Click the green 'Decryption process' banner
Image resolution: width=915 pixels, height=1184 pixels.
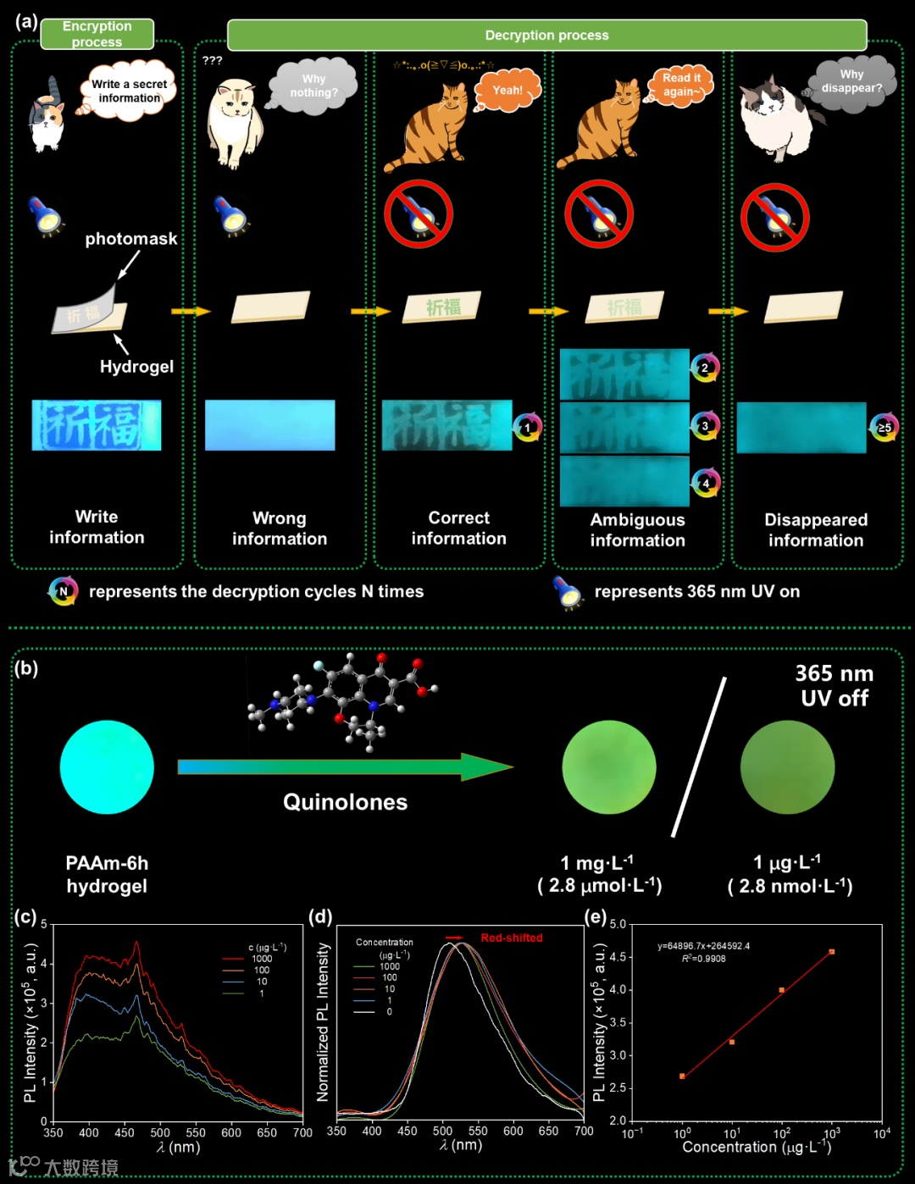coord(546,36)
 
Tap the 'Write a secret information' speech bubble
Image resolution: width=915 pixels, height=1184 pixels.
coord(130,91)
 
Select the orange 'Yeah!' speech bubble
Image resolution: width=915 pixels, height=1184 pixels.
coord(507,90)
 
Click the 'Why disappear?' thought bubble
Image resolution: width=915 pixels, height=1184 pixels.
coord(851,81)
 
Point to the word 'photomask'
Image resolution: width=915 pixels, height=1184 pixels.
coord(131,239)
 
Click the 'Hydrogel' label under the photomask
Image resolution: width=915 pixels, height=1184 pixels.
coord(136,367)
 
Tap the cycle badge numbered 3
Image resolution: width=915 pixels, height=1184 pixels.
coord(705,426)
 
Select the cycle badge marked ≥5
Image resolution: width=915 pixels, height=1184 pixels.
coord(884,428)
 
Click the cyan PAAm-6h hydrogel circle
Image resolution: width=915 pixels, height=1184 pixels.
coord(107,767)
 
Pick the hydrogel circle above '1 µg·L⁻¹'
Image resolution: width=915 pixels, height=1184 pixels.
coord(787,767)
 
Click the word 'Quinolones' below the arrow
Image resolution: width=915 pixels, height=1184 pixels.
coord(345,802)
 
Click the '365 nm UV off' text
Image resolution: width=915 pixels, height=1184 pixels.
coord(834,685)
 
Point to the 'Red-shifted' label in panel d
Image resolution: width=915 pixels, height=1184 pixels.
coord(511,938)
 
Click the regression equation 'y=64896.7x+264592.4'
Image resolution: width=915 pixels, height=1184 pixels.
coord(703,946)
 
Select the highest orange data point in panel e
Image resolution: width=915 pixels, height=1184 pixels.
coord(832,952)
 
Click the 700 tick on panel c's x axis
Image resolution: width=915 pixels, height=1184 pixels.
coord(302,1132)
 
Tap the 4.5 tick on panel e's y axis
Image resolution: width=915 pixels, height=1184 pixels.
coord(618,957)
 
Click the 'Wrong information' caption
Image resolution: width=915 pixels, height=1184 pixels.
coord(279,528)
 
